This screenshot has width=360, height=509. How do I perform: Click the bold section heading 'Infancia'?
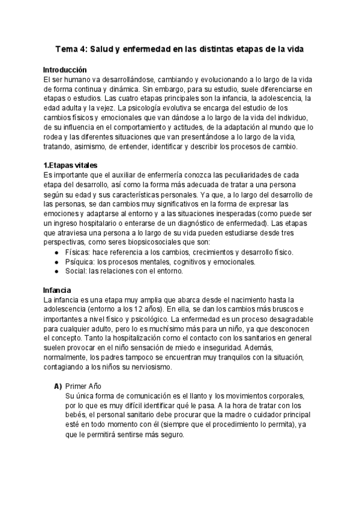58,290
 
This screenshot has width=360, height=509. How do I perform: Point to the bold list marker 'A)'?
59,386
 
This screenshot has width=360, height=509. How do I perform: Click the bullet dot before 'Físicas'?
56,252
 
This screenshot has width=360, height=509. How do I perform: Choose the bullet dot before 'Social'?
56,271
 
